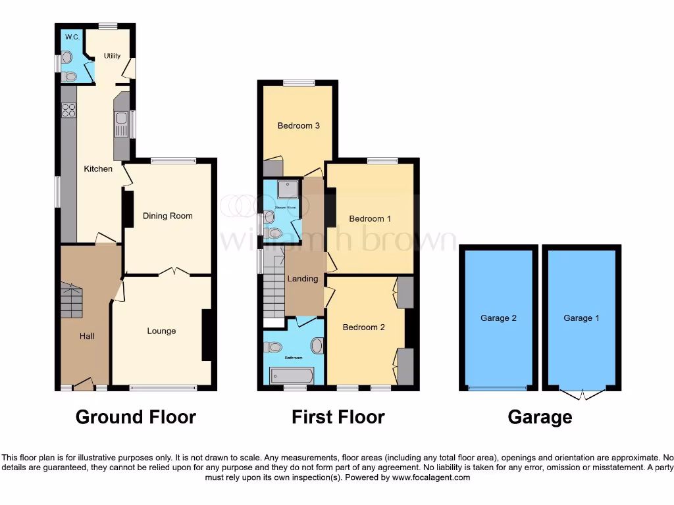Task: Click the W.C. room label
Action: [72, 37]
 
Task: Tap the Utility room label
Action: [113, 56]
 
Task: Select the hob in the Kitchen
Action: [68, 110]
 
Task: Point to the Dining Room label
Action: [168, 216]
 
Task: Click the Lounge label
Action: [161, 331]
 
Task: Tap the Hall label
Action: [87, 336]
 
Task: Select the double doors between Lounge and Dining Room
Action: [169, 271]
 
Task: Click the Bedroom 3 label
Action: [298, 126]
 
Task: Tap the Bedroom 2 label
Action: [364, 327]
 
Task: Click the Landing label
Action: [302, 279]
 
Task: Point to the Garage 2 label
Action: [498, 318]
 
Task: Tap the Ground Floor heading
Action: [136, 417]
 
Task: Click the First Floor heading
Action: [338, 417]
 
